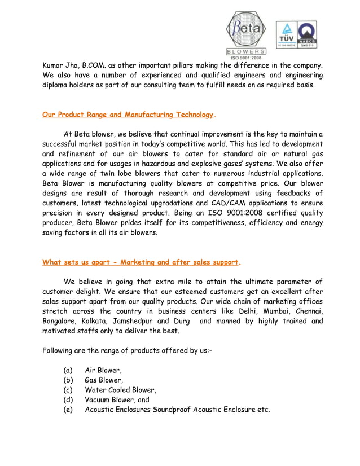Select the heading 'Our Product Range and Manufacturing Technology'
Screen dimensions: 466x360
pos(128,115)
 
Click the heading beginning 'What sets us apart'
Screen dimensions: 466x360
pos(141,262)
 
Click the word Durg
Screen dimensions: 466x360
pos(183,321)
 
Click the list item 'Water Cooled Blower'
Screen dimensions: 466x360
pos(120,390)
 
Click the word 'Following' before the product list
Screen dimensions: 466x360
pos(60,350)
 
